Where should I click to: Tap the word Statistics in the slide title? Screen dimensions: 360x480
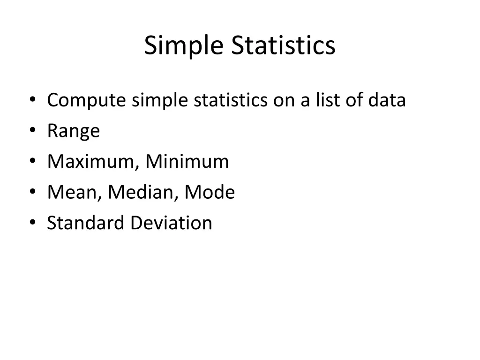tap(283, 46)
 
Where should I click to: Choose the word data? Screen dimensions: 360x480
tap(387, 100)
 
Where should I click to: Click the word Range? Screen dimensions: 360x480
tap(74, 131)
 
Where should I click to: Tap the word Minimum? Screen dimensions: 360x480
tap(187, 162)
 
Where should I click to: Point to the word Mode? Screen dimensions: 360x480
tap(210, 192)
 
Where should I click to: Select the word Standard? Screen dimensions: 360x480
tap(86, 223)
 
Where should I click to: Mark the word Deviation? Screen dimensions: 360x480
tap(171, 223)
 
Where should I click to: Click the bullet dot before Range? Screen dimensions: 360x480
tap(32, 131)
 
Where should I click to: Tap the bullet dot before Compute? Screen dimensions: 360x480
tap(32, 101)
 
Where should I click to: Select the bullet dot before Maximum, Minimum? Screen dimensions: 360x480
tap(32, 162)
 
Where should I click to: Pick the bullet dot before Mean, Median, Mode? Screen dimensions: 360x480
tap(32, 192)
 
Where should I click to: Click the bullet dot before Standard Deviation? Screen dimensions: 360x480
tap(32, 223)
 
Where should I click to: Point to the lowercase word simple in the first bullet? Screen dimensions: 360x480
tap(160, 100)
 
